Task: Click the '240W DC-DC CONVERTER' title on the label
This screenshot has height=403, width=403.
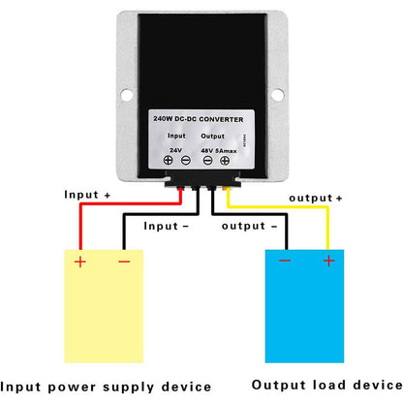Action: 201,117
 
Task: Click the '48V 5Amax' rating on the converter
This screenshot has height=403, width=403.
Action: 222,150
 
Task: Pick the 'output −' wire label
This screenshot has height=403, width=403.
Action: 251,226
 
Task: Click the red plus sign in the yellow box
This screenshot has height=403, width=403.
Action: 79,261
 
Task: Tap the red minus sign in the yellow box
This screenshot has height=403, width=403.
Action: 123,261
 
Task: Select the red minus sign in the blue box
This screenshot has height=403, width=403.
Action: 284,260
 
